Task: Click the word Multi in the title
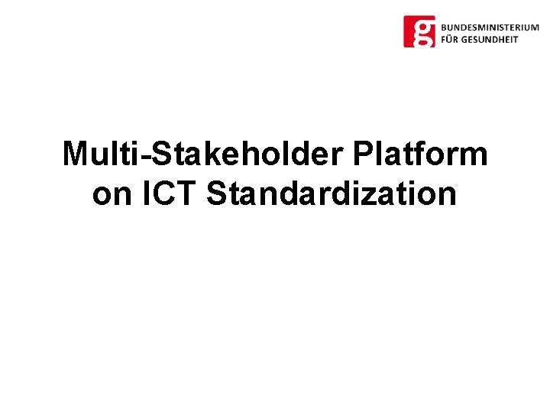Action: pos(105,154)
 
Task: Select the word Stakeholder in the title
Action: pos(251,154)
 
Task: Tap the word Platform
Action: pos(420,154)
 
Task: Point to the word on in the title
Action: pos(112,194)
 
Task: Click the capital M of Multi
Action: pos(76,154)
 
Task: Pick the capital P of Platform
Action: pos(364,154)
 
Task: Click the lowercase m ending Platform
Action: pos(473,157)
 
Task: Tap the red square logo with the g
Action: pos(419,31)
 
